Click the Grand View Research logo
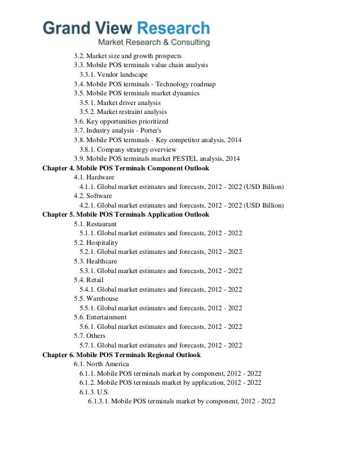(x=127, y=28)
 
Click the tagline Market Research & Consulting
(x=154, y=43)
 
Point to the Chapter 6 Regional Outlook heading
(x=121, y=355)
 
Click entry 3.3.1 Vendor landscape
(x=113, y=75)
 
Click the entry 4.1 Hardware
(x=94, y=178)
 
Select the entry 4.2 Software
(x=93, y=196)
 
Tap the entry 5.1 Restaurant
(x=95, y=224)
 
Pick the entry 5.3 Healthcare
(x=95, y=261)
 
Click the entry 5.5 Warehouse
(x=96, y=298)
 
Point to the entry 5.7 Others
(x=89, y=336)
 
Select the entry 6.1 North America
(x=101, y=364)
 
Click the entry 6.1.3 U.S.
(x=95, y=392)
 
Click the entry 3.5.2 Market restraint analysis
(x=123, y=112)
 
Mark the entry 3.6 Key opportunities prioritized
(x=121, y=121)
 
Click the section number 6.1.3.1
(x=99, y=401)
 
